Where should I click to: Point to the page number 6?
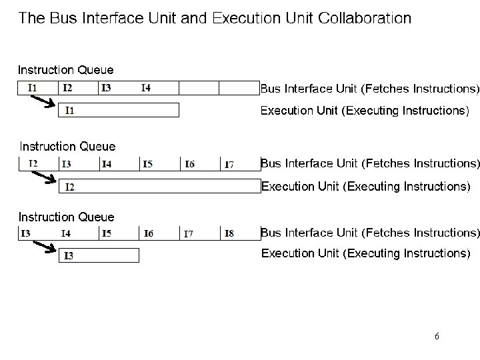437,337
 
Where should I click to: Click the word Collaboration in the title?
365,17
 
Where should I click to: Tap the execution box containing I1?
119,111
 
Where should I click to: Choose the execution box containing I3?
99,255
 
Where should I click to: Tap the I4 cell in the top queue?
159,88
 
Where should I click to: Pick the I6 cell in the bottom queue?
159,233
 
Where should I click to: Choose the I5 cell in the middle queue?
159,164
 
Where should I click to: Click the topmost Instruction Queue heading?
65,69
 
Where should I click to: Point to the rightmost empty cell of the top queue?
239,88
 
